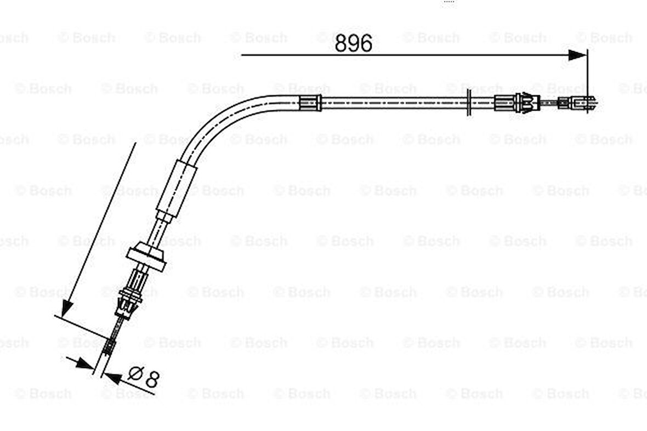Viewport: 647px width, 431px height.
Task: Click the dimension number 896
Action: (x=354, y=43)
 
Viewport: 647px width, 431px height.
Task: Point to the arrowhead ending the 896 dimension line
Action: (x=577, y=55)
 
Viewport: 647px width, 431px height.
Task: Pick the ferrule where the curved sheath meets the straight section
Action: (x=310, y=103)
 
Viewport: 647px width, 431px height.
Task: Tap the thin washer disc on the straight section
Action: (x=469, y=103)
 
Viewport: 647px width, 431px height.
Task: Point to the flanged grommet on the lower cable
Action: (x=146, y=258)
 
